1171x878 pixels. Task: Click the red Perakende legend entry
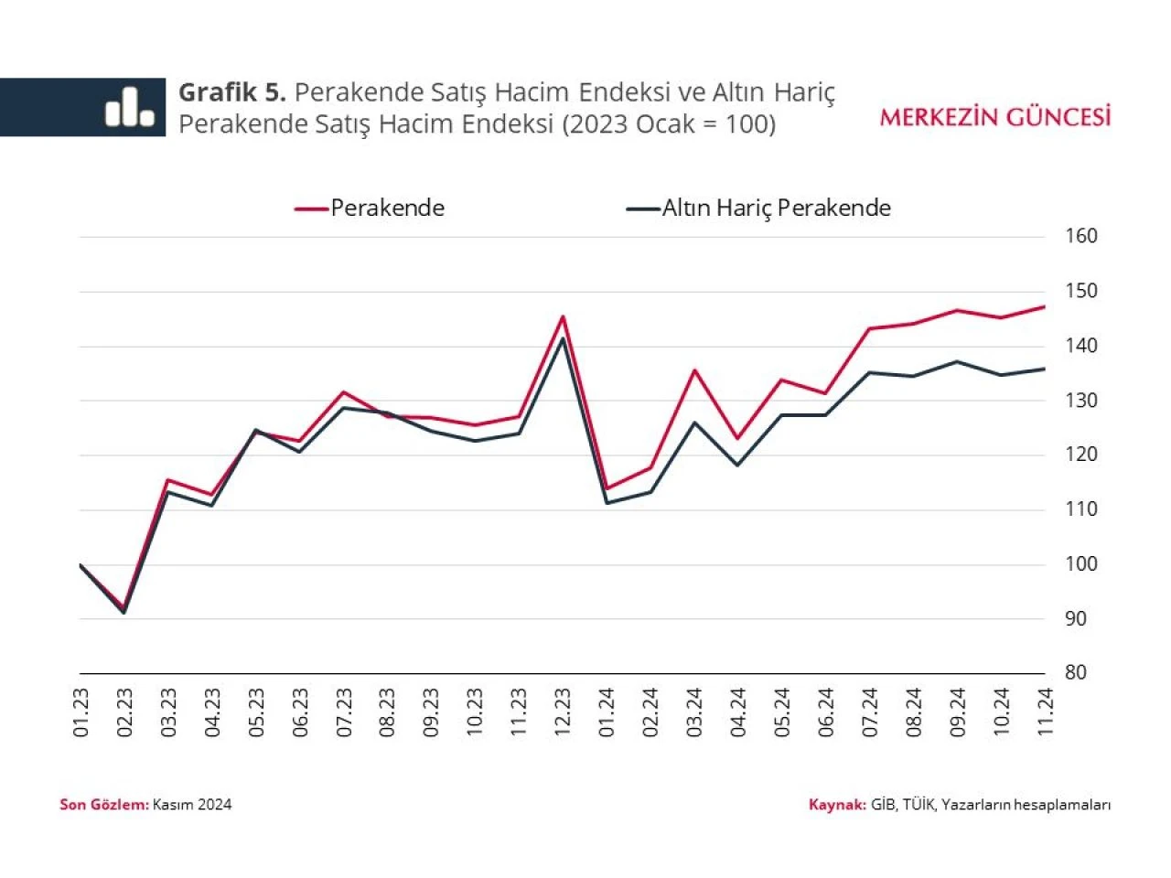click(370, 209)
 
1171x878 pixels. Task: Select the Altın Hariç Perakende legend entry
click(758, 209)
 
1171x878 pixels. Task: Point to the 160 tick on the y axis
click(1081, 236)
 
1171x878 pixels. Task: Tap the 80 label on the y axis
click(1076, 672)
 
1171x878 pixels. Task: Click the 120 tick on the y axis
click(1081, 455)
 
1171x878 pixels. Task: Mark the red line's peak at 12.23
click(563, 316)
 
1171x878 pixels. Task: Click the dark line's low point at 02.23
click(124, 612)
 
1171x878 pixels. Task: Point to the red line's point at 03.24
click(694, 370)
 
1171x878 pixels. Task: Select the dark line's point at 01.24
click(607, 502)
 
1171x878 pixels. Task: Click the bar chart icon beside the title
click(129, 107)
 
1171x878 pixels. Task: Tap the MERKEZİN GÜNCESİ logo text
click(995, 117)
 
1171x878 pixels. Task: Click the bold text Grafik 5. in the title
click(232, 92)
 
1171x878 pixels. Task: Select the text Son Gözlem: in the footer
click(103, 805)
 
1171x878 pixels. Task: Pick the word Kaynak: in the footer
click(836, 805)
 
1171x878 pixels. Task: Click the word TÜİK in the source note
click(918, 805)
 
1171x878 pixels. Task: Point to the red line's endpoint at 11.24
click(1045, 306)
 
